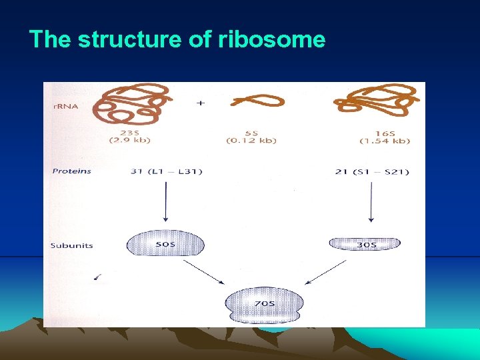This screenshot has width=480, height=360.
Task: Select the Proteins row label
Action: (72, 171)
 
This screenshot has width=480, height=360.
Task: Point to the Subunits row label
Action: (72, 245)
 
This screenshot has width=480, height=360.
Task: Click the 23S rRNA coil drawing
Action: (130, 103)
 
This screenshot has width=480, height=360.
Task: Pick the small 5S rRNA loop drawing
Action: (257, 101)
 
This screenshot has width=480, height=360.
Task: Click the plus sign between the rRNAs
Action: (200, 103)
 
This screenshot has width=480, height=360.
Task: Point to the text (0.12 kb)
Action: (251, 141)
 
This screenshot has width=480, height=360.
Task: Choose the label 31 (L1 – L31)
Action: (167, 172)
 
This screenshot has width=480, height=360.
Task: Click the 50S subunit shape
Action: (165, 244)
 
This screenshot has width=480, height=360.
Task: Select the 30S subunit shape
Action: (365, 244)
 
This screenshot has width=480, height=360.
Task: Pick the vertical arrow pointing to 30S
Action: (371, 204)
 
